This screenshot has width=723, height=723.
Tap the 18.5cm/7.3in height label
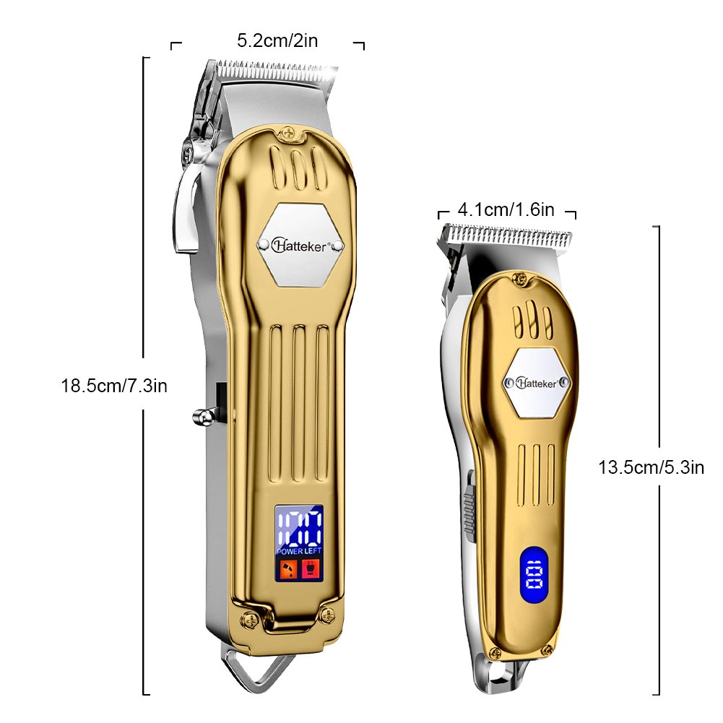(x=114, y=386)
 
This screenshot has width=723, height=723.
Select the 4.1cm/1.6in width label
(x=506, y=210)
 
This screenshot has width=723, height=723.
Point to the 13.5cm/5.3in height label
(x=651, y=467)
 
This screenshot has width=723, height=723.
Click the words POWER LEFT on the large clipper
(x=298, y=551)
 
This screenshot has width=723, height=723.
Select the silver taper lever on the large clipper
(x=186, y=209)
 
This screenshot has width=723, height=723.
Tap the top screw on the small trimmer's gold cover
(x=519, y=277)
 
